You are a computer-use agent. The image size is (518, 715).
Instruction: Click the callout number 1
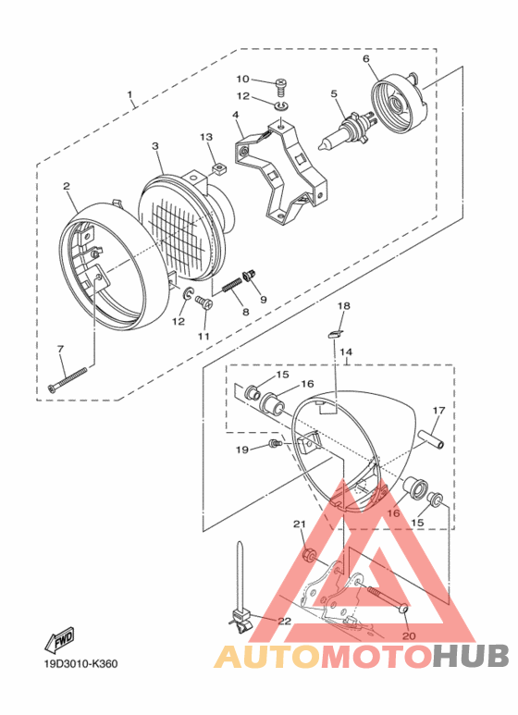130,94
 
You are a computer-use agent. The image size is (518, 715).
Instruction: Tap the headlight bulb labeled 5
342,129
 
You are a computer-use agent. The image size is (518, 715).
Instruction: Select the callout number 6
365,59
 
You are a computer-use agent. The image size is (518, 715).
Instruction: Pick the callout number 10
242,79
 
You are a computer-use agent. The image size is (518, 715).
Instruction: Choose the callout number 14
346,351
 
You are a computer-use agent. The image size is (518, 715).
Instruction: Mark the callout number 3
155,146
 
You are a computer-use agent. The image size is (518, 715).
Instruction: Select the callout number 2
68,186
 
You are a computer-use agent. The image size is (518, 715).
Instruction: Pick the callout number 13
206,137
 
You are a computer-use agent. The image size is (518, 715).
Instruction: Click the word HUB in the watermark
470,656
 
